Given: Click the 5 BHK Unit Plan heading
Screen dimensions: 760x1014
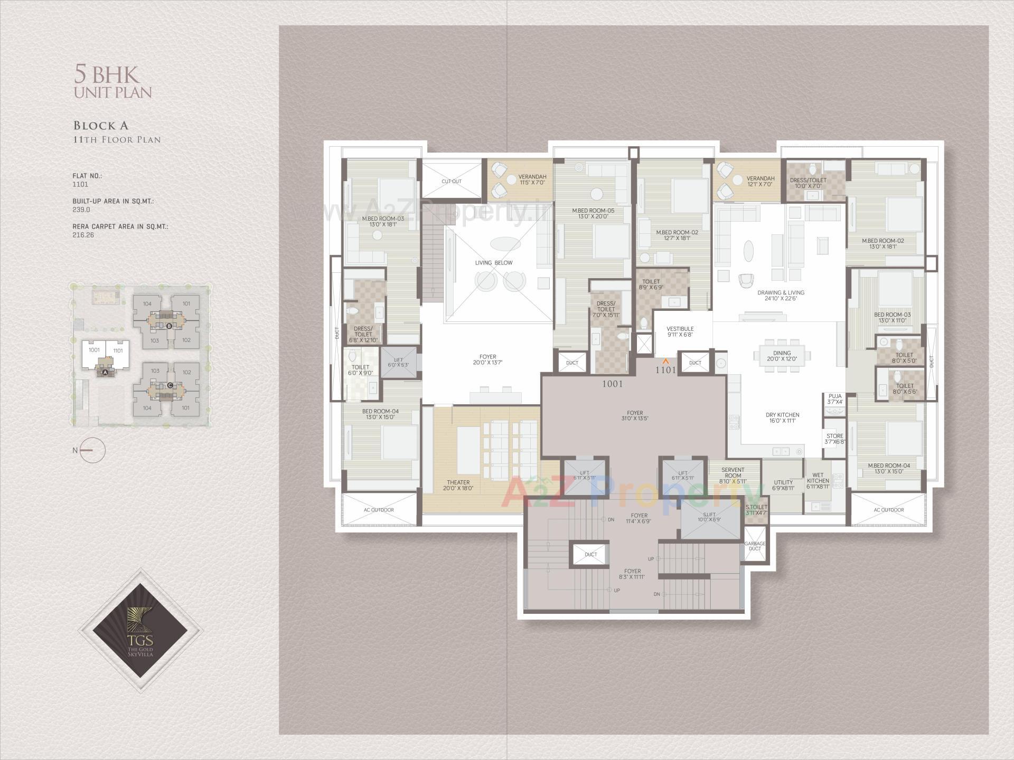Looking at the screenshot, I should [x=112, y=82].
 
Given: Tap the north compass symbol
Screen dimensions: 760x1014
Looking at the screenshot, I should [x=93, y=450].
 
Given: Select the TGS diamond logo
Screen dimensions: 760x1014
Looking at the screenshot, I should [x=140, y=630].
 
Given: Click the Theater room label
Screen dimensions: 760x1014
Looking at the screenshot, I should [x=458, y=485].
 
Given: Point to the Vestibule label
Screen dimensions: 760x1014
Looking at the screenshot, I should [x=680, y=331].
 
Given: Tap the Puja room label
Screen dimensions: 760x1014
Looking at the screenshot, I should [x=835, y=398].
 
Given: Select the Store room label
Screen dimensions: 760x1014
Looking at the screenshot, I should [x=835, y=439].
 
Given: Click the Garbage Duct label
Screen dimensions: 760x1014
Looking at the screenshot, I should [x=755, y=546].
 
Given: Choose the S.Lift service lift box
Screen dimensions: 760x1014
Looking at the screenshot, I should [x=709, y=517].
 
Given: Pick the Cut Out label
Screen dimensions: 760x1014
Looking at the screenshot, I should [x=451, y=181].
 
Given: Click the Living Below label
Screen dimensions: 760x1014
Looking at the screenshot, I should [x=493, y=262].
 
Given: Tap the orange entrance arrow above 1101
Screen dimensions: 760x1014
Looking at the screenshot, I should [x=666, y=361].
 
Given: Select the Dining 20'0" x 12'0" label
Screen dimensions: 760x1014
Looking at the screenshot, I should [x=782, y=356].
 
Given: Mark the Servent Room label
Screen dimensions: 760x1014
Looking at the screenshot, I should [x=733, y=475].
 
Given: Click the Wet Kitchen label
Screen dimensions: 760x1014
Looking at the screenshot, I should [x=818, y=480].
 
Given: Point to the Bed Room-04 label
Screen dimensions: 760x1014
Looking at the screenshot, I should [x=380, y=414].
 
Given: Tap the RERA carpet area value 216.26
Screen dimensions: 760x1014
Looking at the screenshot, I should [x=83, y=235].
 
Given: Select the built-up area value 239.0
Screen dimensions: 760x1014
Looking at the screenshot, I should [x=81, y=210].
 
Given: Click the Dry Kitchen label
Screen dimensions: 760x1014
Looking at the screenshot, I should [x=782, y=417].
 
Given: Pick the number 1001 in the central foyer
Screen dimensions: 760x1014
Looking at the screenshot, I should [x=612, y=384].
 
